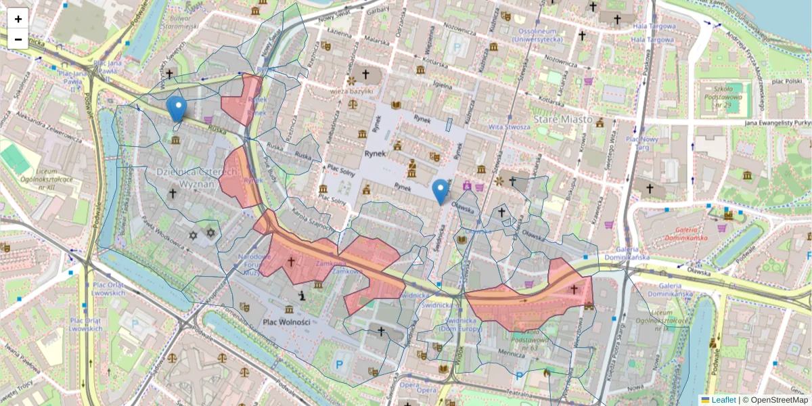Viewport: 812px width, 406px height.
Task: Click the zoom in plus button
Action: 18,19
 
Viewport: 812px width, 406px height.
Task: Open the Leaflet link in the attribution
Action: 723,400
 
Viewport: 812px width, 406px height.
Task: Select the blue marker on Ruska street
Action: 177,108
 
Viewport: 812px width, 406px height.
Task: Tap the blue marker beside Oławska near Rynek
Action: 441,191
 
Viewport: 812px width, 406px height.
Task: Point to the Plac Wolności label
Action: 287,322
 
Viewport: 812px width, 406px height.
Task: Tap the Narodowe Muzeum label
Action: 254,265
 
